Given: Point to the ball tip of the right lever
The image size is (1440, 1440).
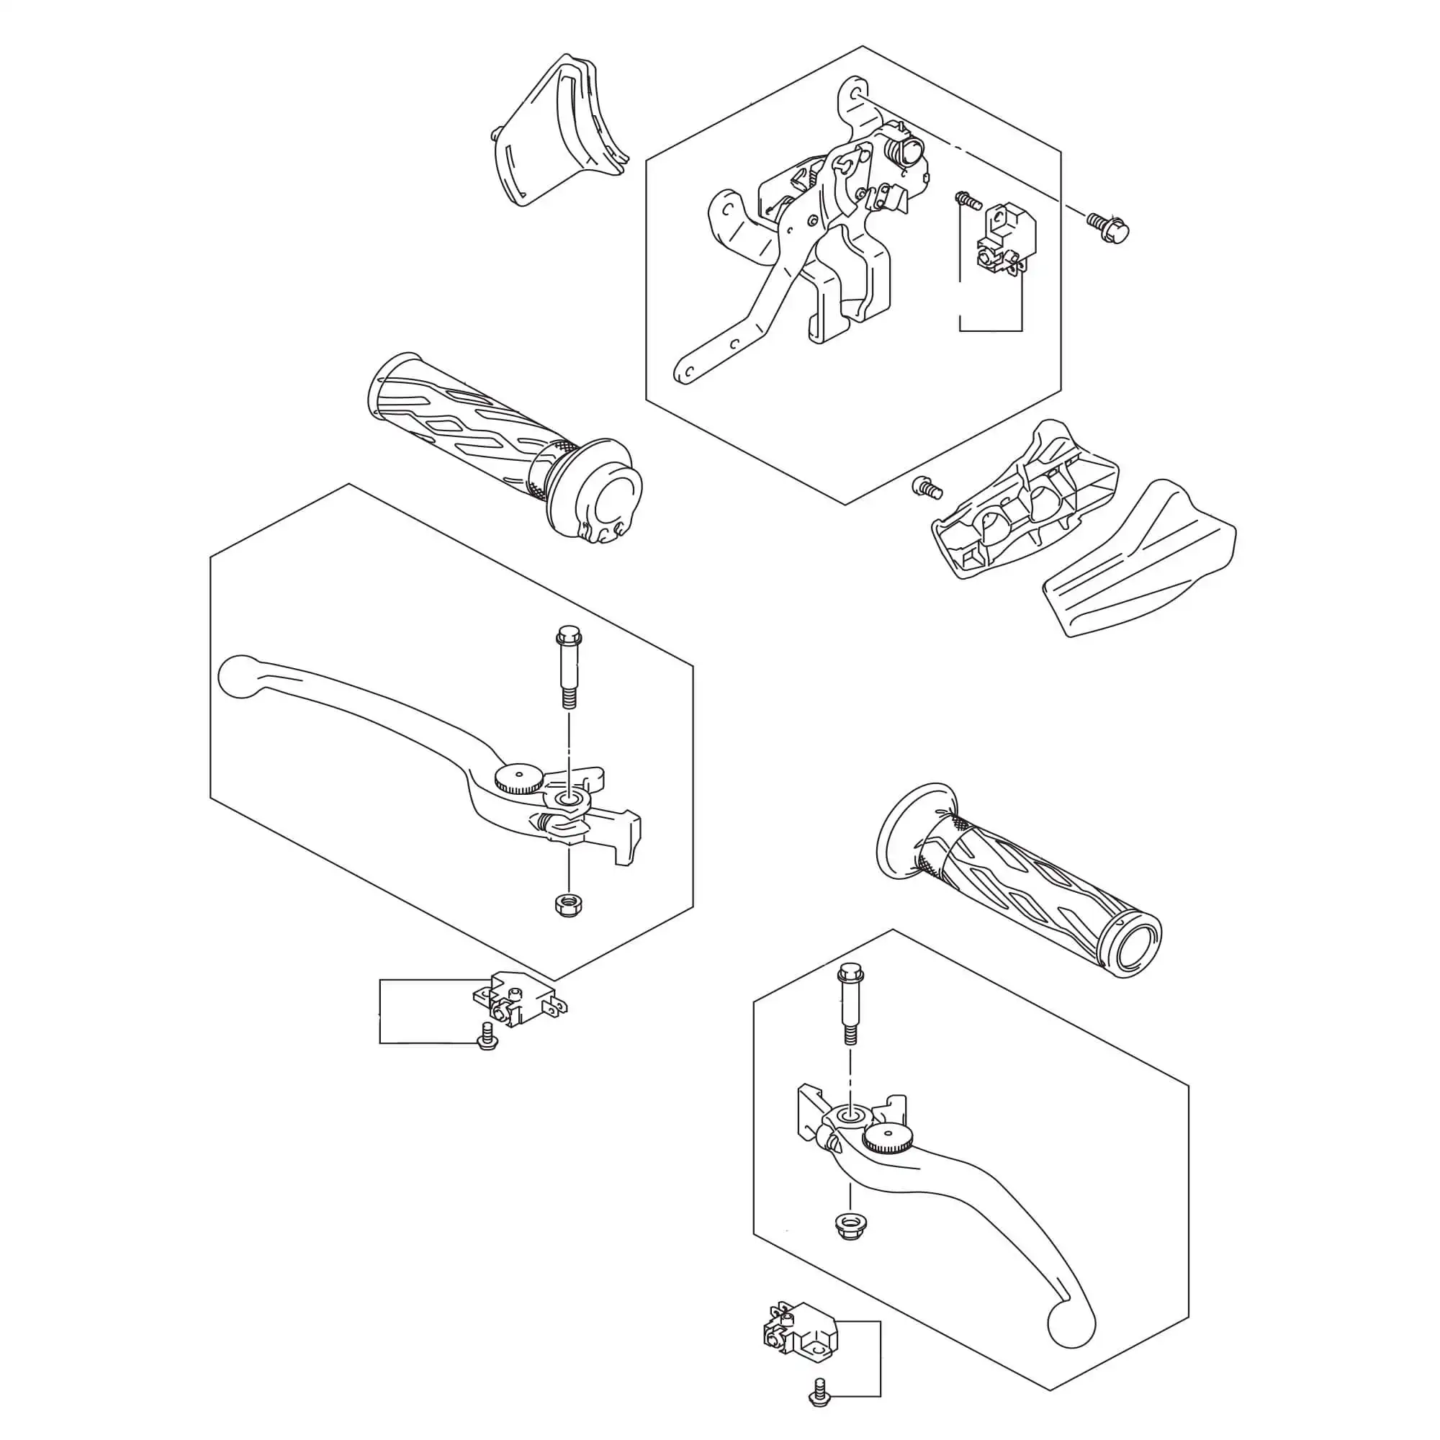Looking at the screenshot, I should (x=1071, y=1322).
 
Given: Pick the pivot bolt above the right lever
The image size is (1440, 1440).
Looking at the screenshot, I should (x=850, y=1002).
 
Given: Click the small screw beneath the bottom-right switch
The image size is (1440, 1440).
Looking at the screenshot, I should (x=820, y=1392).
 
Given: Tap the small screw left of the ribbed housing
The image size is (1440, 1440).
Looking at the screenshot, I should (x=927, y=488).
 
